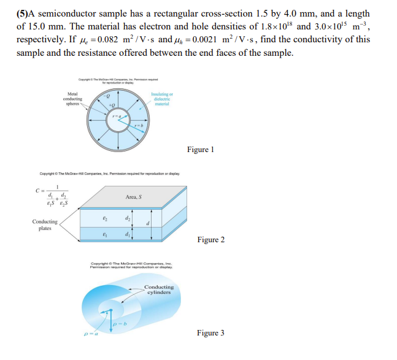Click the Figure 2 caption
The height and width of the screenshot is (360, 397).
tap(211, 239)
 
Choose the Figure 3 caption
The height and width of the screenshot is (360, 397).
tap(210, 333)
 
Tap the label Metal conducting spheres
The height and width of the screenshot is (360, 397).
tap(72, 99)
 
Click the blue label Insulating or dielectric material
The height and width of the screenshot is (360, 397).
tap(162, 99)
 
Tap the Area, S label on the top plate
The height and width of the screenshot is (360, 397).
tap(133, 197)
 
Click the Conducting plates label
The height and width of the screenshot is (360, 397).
tap(45, 224)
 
